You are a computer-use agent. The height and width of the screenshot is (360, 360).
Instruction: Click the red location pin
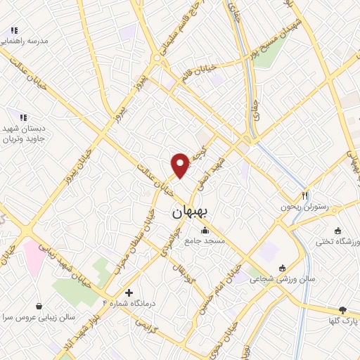click(181, 165)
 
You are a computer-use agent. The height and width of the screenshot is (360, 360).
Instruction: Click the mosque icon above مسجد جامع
click(205, 231)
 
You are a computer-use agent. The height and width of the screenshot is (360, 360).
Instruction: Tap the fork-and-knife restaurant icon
click(304, 195)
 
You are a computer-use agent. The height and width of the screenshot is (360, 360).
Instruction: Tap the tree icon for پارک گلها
click(342, 310)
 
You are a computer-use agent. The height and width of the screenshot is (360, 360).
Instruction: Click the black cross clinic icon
click(128, 292)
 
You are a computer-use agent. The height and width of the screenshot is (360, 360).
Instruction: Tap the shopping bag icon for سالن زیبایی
click(37, 306)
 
